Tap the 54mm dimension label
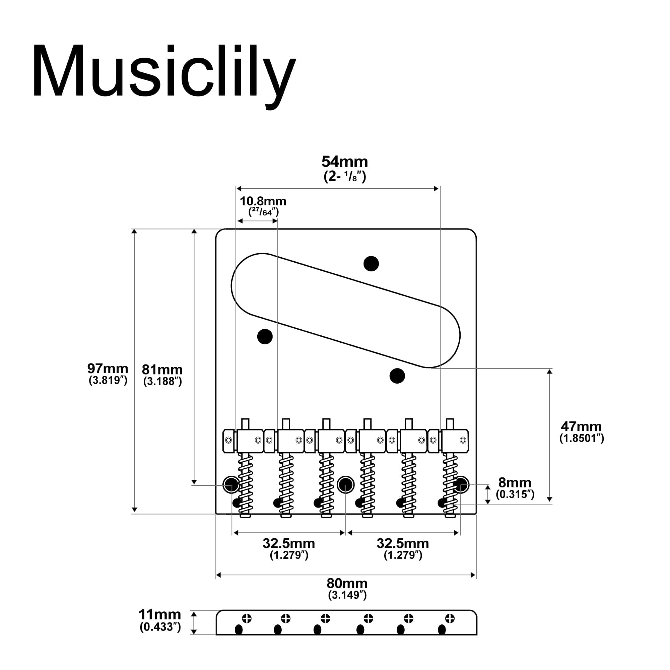[345, 161]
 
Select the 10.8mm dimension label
[263, 201]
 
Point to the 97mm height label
[108, 368]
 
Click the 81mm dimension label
[162, 370]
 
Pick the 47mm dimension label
[581, 426]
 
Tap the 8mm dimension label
[515, 482]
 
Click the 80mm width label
[347, 583]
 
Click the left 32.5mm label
[289, 543]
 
